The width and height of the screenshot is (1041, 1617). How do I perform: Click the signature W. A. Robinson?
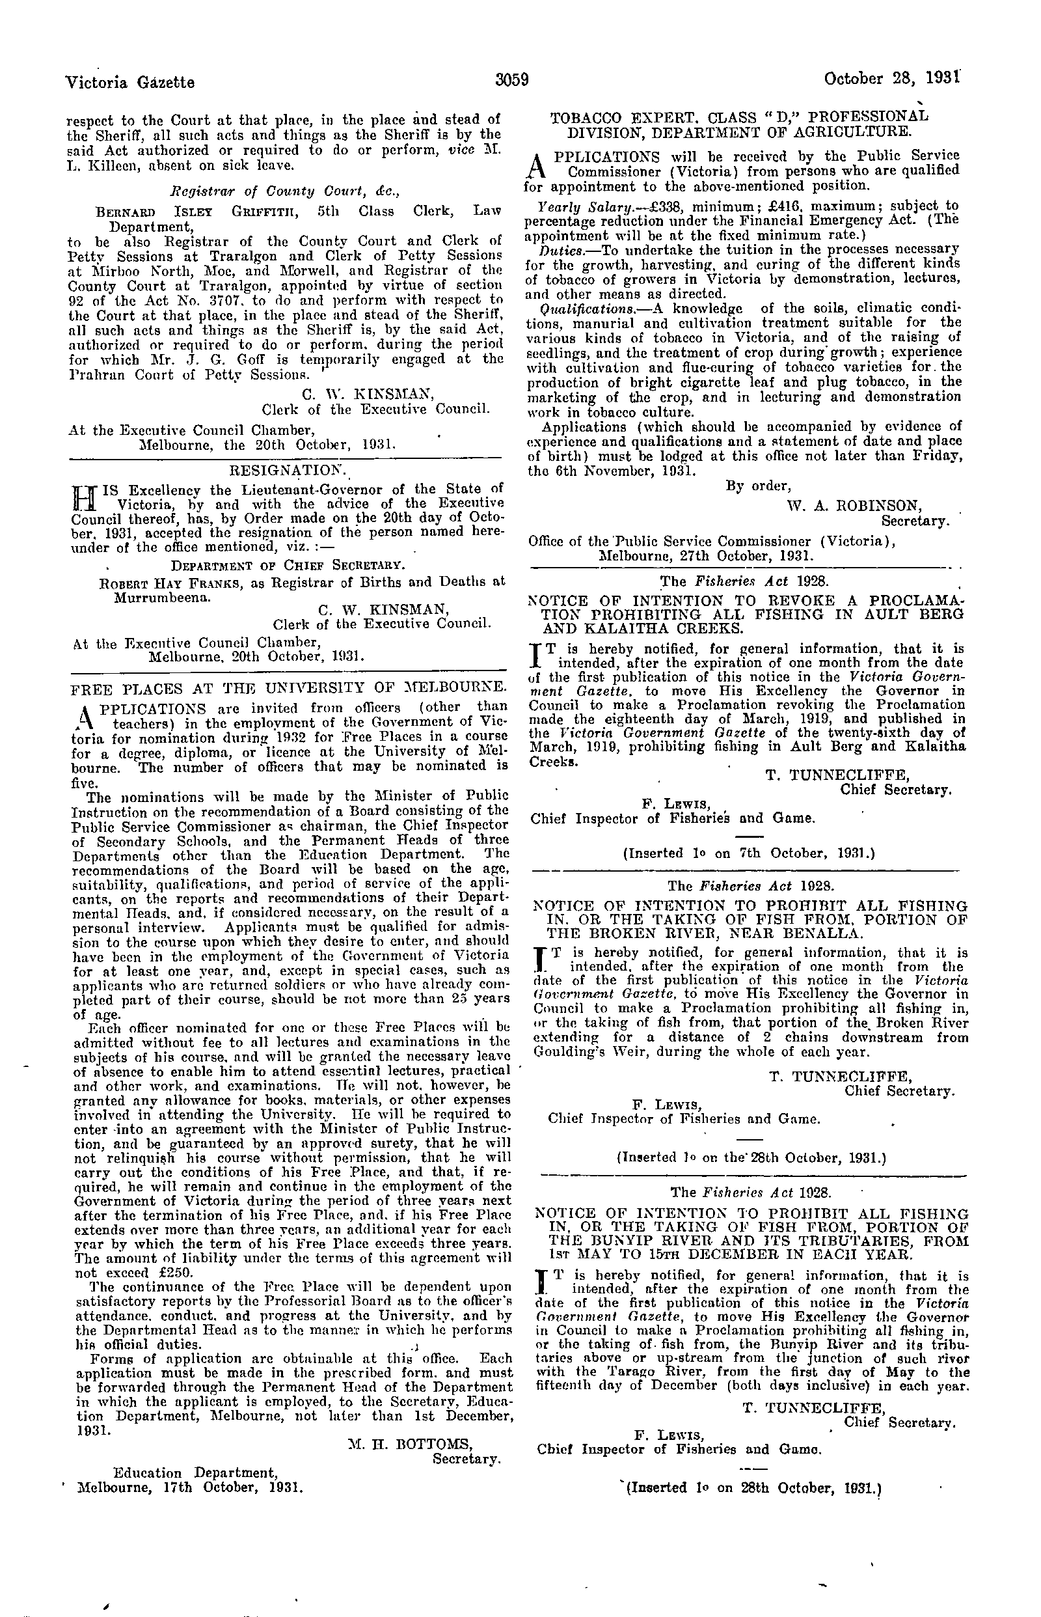[x=853, y=504]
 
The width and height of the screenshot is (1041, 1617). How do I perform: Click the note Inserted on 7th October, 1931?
[x=748, y=853]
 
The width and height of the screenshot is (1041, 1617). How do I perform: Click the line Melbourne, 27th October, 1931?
[x=706, y=556]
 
